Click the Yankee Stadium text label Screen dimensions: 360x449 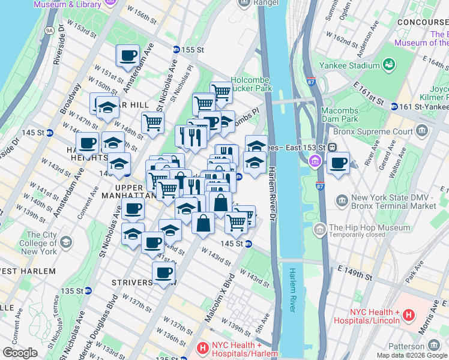[349, 65]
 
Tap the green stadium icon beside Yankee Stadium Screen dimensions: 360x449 [389, 64]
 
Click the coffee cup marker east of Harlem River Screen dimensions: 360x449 [339, 163]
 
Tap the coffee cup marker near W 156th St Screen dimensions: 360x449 [127, 56]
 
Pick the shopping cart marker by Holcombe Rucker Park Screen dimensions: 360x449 [221, 92]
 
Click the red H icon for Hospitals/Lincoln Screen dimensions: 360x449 [409, 314]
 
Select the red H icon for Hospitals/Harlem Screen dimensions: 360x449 [202, 347]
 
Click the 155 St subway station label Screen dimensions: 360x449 [189, 49]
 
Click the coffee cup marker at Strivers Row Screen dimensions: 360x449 [163, 274]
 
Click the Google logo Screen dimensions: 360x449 [20, 352]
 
